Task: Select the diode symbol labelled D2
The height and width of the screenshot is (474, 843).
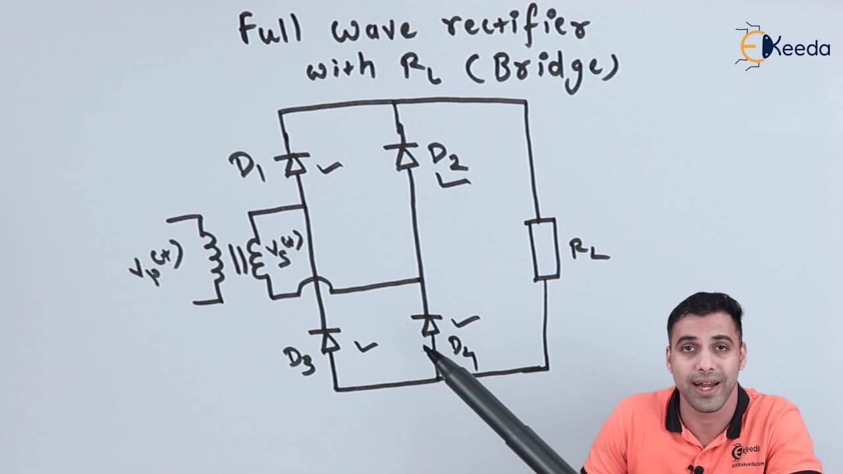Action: click(402, 156)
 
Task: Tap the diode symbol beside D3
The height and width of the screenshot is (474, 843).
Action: click(325, 340)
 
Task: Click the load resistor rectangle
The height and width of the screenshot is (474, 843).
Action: click(543, 250)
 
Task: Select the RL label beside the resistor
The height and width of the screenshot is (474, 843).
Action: click(589, 250)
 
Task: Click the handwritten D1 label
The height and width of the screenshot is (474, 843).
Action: click(247, 167)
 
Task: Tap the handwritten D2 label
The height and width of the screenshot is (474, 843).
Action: click(447, 158)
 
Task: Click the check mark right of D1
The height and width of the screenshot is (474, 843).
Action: click(329, 168)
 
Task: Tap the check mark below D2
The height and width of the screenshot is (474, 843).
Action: click(454, 183)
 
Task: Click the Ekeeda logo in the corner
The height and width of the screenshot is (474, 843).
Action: click(782, 47)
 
